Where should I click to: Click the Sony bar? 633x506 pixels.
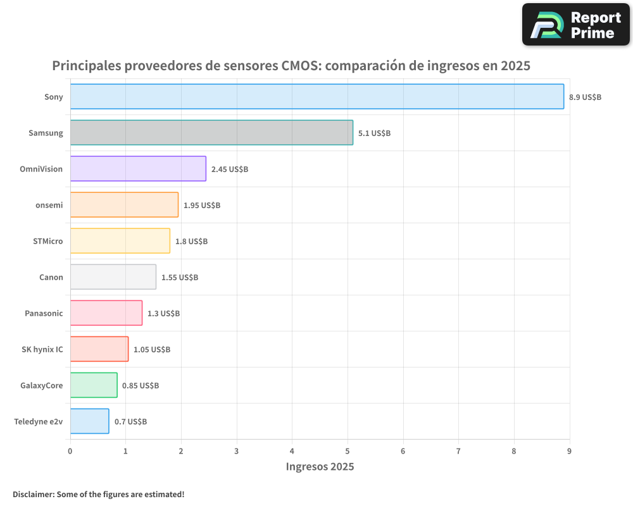[x=316, y=97]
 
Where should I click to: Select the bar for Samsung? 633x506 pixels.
[x=211, y=133]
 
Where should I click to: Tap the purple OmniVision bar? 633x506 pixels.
[x=138, y=169]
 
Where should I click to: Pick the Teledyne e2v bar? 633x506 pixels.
[x=89, y=421]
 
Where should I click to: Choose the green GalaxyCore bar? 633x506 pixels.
[x=94, y=385]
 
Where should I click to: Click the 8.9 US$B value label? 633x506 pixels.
[x=585, y=97]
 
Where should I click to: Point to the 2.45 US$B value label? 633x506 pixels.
[x=230, y=170]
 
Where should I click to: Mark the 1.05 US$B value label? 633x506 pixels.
[x=152, y=350]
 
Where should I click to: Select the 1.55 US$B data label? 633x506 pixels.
[x=180, y=278]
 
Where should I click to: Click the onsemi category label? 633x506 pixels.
[x=49, y=205]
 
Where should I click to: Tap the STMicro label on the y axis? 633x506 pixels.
[x=48, y=241]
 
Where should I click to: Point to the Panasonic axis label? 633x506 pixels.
[x=44, y=313]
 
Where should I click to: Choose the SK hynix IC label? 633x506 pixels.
[x=42, y=349]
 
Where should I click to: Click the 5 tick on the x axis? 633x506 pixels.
[x=348, y=451]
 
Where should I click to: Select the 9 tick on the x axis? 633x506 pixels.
[x=569, y=451]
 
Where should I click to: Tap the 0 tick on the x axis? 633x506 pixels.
[x=70, y=451]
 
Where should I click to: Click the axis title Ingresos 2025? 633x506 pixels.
[x=320, y=467]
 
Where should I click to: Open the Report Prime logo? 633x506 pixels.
[x=575, y=25]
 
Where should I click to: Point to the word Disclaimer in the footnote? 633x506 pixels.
[x=33, y=494]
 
